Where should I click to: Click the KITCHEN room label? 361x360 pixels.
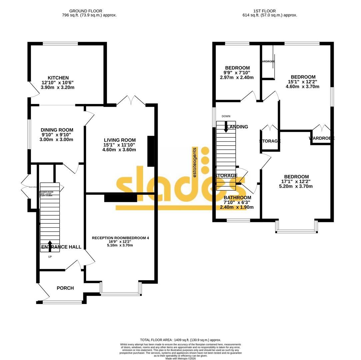58,78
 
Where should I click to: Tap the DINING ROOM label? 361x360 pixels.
57,130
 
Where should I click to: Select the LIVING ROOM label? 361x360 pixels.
120,140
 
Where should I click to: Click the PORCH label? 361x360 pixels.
65,288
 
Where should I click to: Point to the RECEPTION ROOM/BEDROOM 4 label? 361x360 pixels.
120,238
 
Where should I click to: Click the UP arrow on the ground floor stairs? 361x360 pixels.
50,246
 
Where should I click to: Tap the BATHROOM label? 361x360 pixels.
237,198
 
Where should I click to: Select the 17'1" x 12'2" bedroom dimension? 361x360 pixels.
296,182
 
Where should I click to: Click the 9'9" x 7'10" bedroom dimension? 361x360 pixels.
237,73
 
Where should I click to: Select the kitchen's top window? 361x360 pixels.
60,43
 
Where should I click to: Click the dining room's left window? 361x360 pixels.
29,134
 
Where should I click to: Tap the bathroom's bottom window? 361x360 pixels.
238,220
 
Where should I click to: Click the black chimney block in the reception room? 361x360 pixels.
121,198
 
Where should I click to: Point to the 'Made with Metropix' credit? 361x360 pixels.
180,359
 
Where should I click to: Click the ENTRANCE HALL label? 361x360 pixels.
61,247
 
